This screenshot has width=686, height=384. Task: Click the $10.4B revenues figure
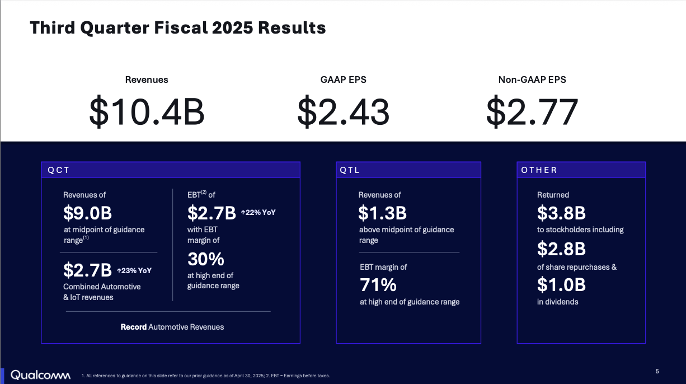(x=147, y=111)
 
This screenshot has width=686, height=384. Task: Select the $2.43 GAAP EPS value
(x=343, y=111)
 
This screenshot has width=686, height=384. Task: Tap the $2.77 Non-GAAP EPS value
(x=532, y=111)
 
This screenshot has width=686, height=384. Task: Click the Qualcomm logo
(x=40, y=374)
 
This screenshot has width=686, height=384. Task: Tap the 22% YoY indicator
(x=258, y=213)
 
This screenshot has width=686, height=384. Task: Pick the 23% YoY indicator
(x=134, y=270)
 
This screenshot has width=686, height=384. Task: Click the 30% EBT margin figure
(x=205, y=259)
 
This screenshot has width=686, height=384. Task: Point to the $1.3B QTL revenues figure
(x=382, y=213)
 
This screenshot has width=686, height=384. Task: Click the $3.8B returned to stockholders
(x=561, y=213)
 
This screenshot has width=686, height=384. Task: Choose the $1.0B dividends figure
(x=561, y=284)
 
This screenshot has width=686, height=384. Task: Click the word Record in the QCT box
(x=134, y=327)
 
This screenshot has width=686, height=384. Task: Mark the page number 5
(x=657, y=371)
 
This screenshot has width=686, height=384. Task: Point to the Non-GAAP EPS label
(x=532, y=80)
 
